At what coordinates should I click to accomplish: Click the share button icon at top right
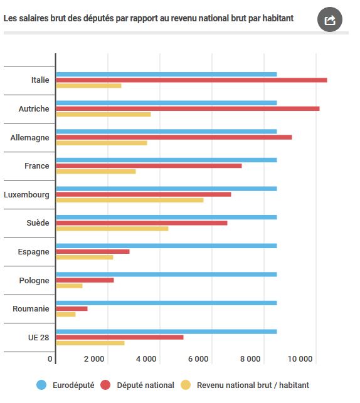330,19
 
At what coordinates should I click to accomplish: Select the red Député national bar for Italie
191,80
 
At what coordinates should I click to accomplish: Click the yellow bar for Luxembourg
130,200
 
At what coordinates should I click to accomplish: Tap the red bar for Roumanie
71,309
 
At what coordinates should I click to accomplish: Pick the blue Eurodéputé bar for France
166,160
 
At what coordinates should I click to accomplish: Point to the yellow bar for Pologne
69,286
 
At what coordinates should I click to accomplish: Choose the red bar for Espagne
93,251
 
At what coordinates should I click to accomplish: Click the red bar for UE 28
120,337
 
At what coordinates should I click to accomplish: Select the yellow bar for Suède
112,229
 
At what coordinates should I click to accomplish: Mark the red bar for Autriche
188,108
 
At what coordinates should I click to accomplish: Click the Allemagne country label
29,138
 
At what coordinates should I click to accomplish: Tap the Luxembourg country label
26,195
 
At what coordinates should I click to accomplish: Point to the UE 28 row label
39,337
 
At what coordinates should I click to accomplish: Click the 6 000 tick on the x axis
198,359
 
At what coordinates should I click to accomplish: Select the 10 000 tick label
300,359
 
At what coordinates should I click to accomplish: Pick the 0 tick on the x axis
50,359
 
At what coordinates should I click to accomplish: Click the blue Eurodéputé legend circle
41,385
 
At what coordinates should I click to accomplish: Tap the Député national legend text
146,385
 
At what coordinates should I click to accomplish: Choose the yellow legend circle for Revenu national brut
186,385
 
